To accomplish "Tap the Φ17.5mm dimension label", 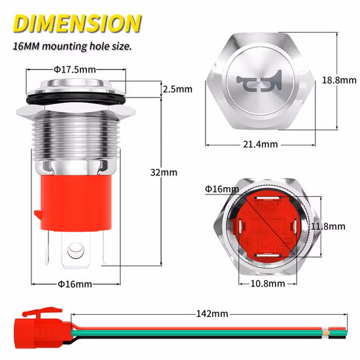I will [x=75, y=69].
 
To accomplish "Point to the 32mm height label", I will [x=168, y=172].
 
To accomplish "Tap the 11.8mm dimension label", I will [x=328, y=226].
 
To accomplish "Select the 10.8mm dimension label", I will [x=268, y=283].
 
